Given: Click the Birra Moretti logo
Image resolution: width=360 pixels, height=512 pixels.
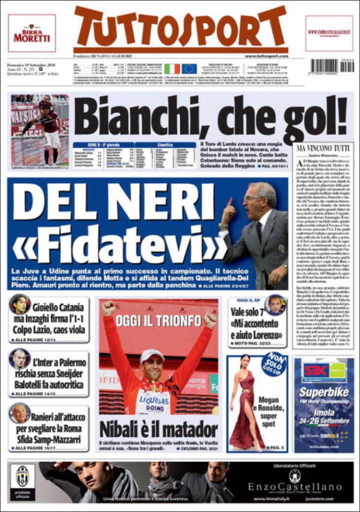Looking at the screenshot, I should click(31, 33).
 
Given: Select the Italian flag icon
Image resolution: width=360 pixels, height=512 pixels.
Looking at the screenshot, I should click(172, 68).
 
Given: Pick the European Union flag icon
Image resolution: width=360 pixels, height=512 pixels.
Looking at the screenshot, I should click(189, 68).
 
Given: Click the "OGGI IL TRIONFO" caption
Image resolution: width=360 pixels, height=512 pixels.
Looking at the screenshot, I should click(158, 320).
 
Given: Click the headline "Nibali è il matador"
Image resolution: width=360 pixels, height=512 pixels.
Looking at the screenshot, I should click(158, 429).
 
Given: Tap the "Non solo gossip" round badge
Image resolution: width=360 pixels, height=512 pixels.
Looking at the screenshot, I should click(273, 364).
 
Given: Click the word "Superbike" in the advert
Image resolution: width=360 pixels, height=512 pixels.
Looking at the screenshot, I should click(323, 392).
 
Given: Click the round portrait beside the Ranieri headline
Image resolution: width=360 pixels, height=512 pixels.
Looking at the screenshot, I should click(19, 413).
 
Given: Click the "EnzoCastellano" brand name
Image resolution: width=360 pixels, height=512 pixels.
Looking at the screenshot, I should click(294, 486).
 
